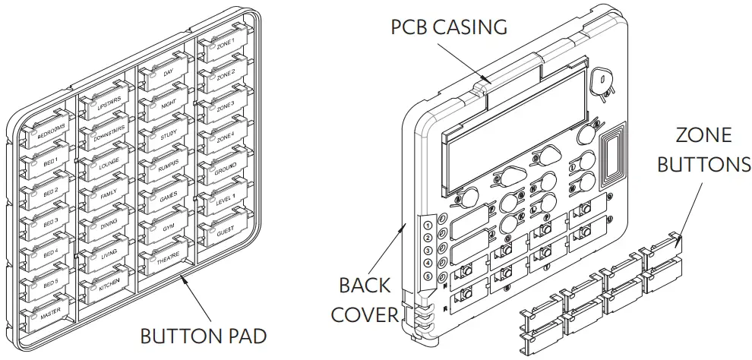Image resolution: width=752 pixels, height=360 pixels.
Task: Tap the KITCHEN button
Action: click(108, 286)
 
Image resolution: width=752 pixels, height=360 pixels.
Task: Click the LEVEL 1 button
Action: click(225, 198)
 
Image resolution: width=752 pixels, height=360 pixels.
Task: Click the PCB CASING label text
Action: click(448, 27)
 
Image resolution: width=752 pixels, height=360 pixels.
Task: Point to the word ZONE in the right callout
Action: click(703, 136)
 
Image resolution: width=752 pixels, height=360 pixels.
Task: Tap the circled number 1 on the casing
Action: click(428, 225)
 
